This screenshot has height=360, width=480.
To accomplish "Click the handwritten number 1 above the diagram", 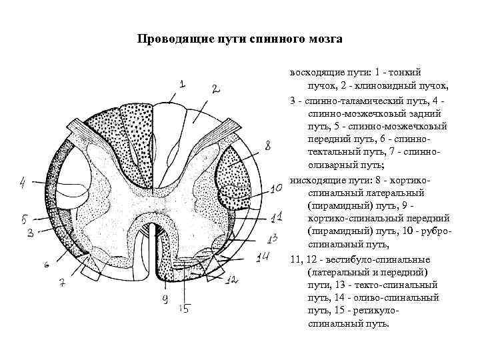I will [181, 84].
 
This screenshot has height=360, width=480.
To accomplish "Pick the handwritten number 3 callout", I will [31, 233].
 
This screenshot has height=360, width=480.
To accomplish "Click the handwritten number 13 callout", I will [271, 238].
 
